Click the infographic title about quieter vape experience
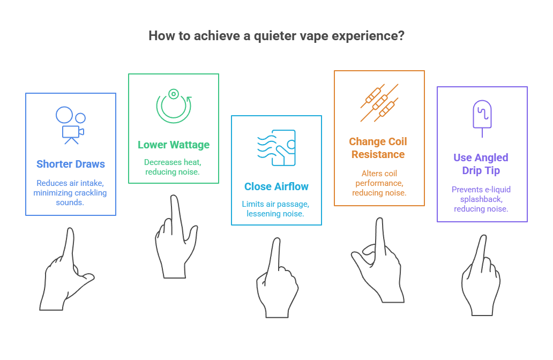coord(276,36)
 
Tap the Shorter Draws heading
coord(71,164)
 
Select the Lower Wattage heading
coord(174,145)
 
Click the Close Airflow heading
coord(276,186)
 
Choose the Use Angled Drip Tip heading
coord(481,164)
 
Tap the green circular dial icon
coord(174,106)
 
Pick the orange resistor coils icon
coord(379,102)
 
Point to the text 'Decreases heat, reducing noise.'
coord(173,166)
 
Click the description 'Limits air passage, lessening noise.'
coord(276,209)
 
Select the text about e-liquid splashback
coord(481,199)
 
